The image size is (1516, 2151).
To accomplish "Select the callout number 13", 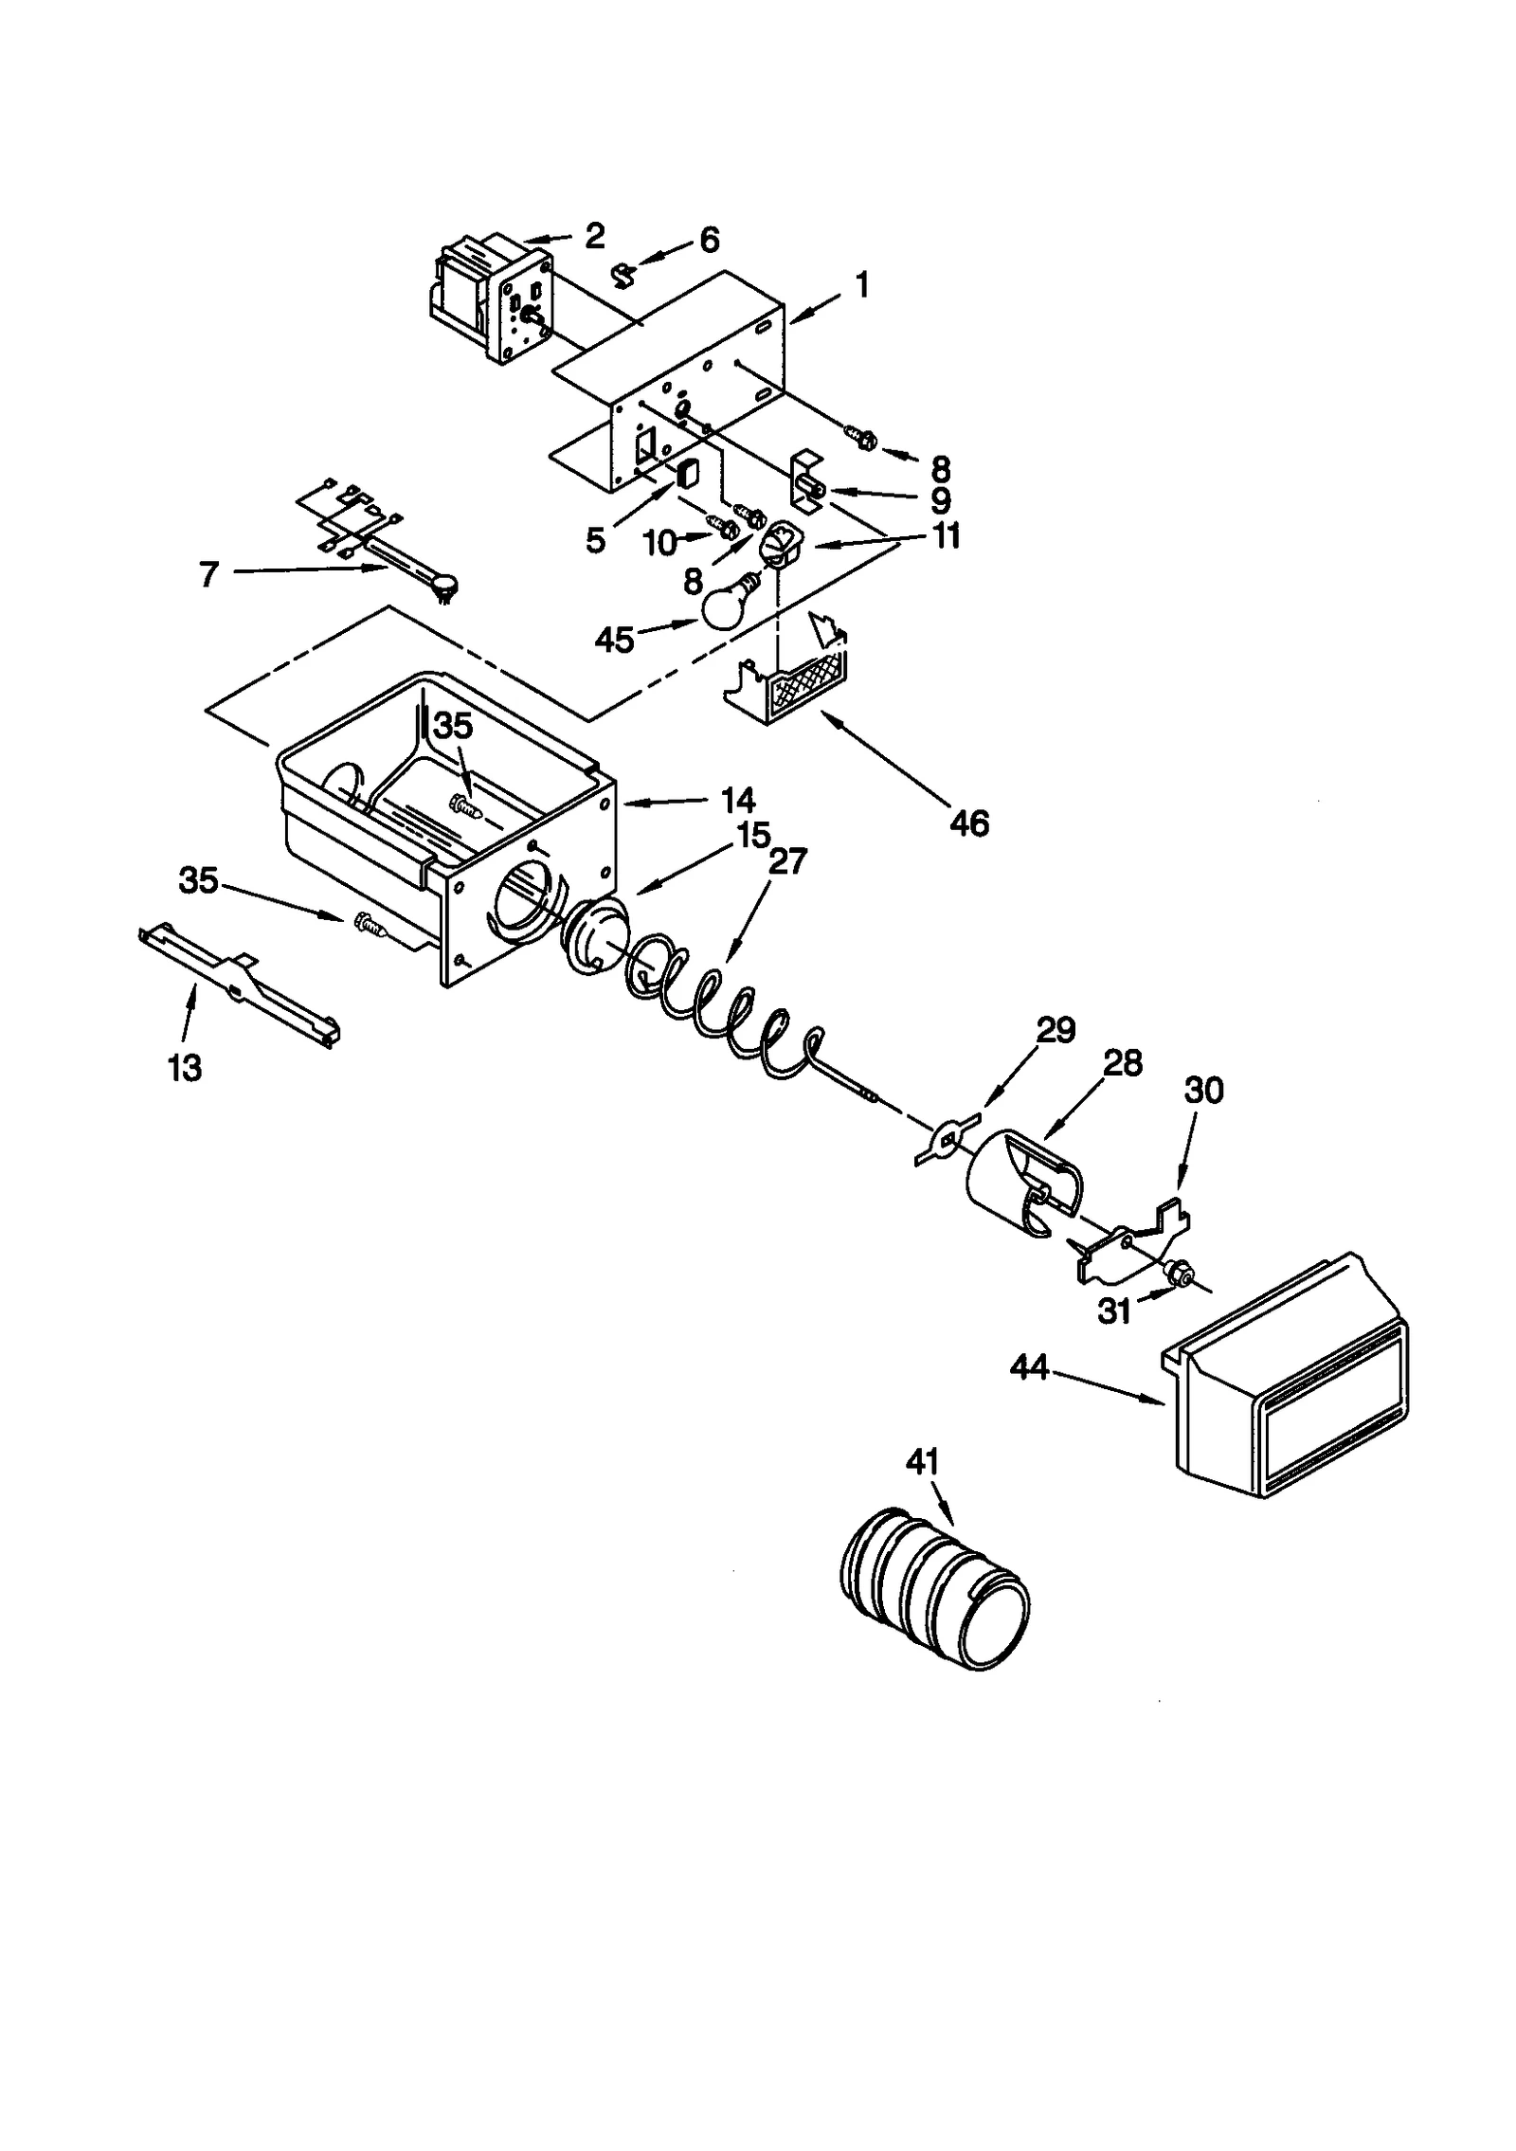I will pos(185,1068).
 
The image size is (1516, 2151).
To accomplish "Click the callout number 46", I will pos(968,822).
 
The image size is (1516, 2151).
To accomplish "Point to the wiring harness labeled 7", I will pos(379,540).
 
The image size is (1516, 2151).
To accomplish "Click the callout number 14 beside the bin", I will pos(737,801).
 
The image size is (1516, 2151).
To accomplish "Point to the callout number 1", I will pos(861,286).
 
